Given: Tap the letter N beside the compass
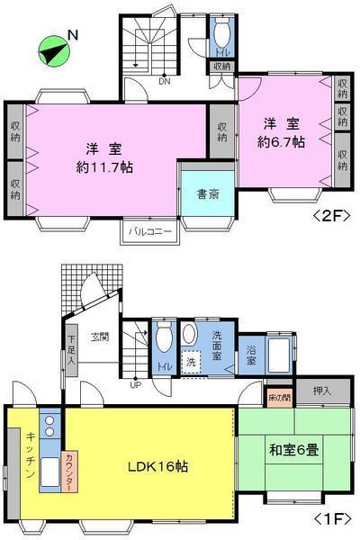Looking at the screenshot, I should [x=74, y=36].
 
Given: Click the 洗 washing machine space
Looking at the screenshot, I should [x=190, y=362].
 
